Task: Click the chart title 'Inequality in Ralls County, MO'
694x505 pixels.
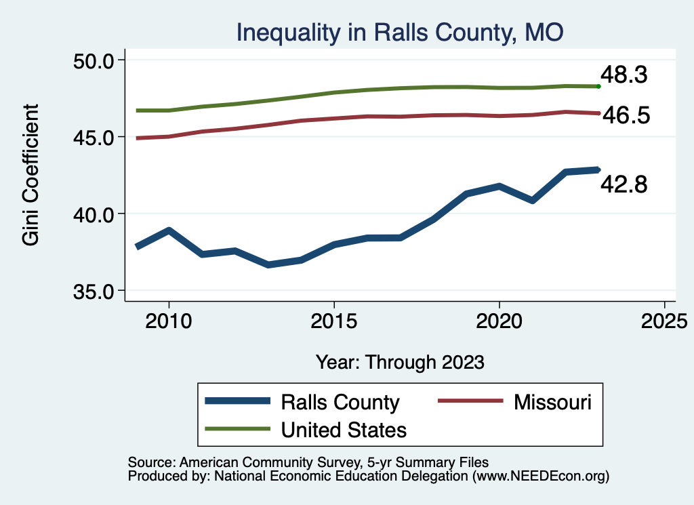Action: [x=400, y=32]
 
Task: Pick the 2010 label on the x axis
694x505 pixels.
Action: [x=168, y=320]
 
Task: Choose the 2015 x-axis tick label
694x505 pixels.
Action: [x=333, y=320]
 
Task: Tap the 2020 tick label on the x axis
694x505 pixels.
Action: [x=499, y=320]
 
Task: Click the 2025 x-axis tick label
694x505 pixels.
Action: [x=664, y=320]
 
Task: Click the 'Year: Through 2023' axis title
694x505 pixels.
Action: [x=400, y=362]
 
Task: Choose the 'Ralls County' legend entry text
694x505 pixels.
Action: [x=340, y=403]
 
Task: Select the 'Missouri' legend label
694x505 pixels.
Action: [x=552, y=402]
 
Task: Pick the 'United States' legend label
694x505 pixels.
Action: [x=344, y=429]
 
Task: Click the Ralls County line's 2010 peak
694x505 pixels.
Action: [x=168, y=230]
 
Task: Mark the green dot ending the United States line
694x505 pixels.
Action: [x=598, y=86]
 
